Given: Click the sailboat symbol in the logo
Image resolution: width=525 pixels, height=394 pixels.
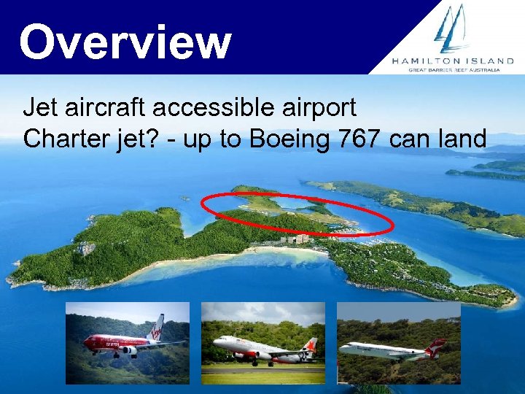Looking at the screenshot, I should tap(451, 28).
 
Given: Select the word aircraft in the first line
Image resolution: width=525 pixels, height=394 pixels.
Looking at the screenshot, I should tap(100, 108).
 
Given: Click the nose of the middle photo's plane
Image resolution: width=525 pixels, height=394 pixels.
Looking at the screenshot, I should tap(216, 342).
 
